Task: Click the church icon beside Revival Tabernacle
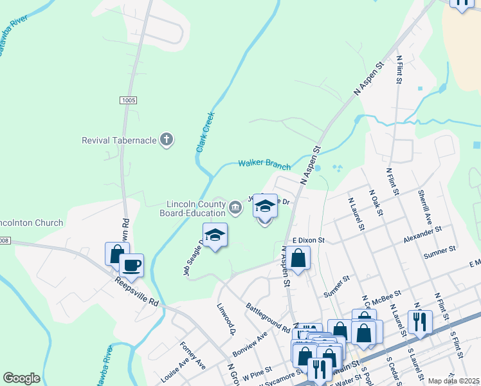167,140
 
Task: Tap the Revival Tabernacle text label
120,140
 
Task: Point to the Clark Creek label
204,133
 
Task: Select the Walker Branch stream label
261,163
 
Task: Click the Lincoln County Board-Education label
192,208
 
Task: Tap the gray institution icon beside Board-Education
235,207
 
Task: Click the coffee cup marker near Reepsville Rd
131,265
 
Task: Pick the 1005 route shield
129,100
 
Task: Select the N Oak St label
376,203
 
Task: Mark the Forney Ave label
192,356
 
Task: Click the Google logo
21,378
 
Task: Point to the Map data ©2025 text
453,381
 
